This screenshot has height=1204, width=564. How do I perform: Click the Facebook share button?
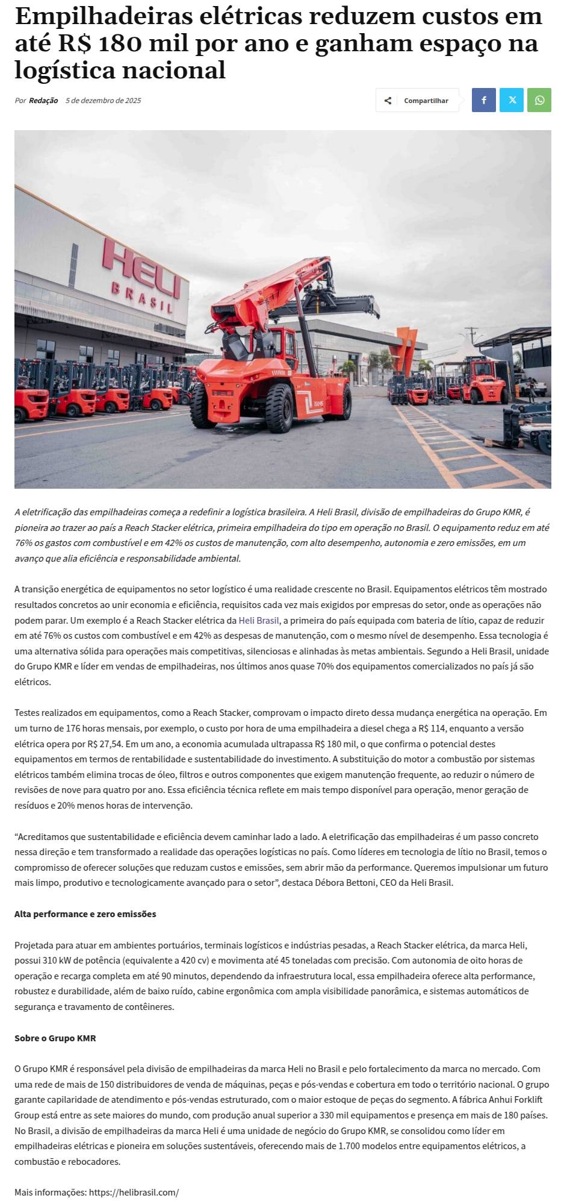pyautogui.click(x=483, y=100)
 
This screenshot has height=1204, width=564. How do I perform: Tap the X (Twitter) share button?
pyautogui.click(x=512, y=100)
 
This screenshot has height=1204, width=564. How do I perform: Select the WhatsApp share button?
pyautogui.click(x=539, y=100)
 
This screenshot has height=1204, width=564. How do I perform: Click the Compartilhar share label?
pyautogui.click(x=426, y=101)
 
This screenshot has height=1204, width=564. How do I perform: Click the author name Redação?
pyautogui.click(x=43, y=101)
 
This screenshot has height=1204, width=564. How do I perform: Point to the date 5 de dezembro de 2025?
pyautogui.click(x=103, y=101)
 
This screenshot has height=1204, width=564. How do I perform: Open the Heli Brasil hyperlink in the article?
pyautogui.click(x=259, y=620)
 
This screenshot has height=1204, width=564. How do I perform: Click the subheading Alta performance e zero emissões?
pyautogui.click(x=85, y=914)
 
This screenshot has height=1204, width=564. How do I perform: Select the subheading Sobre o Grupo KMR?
pyautogui.click(x=55, y=1038)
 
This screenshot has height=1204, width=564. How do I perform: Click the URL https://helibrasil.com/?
pyautogui.click(x=134, y=1193)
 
